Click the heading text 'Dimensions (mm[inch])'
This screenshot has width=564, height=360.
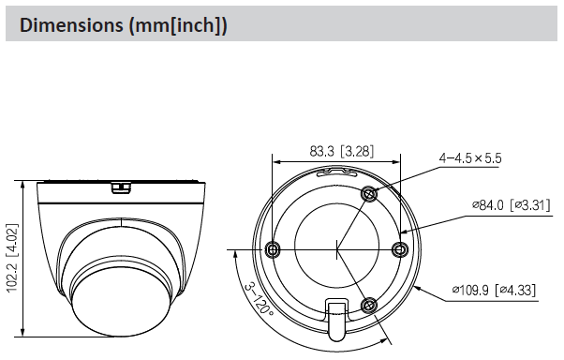tap(124, 25)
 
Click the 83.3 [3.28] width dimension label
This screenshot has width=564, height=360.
tap(342, 151)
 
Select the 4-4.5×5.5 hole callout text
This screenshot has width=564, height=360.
tap(470, 158)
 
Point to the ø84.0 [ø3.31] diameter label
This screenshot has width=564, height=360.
tap(512, 205)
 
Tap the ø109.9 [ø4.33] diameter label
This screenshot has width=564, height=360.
tap(494, 290)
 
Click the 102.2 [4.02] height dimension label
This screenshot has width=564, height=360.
tap(12, 258)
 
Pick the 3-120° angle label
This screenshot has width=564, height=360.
tap(259, 300)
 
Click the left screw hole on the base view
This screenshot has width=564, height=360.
tap(272, 248)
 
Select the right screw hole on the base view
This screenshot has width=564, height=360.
tap(400, 249)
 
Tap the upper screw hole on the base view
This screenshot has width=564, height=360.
tap(369, 194)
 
